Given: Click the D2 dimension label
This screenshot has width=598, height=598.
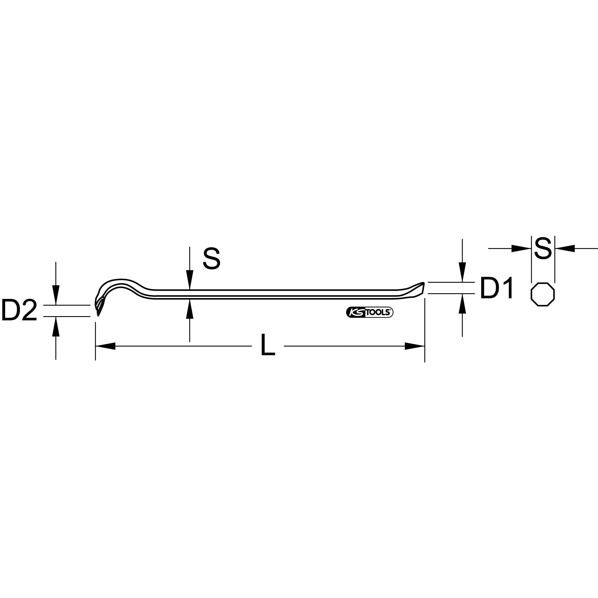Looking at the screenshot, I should click(19, 310).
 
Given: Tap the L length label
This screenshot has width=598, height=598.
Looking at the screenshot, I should click(268, 345).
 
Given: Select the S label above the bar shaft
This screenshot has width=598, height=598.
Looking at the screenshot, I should click(212, 259).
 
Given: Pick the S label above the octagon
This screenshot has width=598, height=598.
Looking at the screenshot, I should click(543, 248).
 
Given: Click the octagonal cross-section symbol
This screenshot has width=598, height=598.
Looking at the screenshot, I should click(543, 294).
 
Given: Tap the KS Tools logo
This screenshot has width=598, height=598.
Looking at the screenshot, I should click(370, 313).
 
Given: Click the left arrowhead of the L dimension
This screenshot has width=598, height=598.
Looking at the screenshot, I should click(105, 346).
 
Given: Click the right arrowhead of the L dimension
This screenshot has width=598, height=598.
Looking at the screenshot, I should click(415, 346).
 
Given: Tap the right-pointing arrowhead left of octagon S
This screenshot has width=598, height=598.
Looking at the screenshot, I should click(522, 248).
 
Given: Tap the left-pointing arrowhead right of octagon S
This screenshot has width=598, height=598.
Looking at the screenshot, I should click(565, 248).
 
